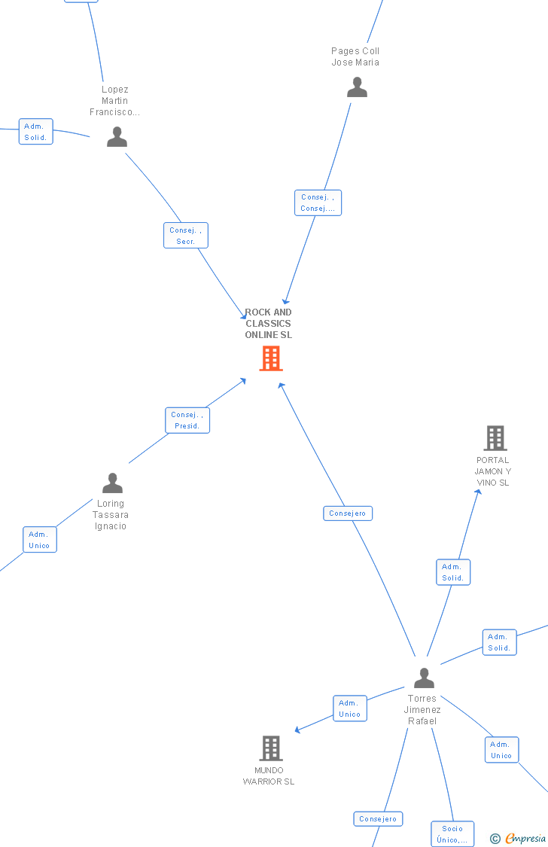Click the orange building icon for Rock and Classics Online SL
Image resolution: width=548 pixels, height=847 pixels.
270,358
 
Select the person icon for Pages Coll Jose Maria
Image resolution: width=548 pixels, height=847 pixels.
357,87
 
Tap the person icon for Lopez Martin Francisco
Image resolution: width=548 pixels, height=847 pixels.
117,136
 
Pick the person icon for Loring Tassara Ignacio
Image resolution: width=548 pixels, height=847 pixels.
112,483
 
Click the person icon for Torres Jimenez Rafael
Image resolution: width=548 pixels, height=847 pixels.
424,678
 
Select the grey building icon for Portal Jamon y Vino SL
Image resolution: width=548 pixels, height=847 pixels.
495,438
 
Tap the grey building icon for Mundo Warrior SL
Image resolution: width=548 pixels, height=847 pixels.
271,748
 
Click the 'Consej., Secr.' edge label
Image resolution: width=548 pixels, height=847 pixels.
186,236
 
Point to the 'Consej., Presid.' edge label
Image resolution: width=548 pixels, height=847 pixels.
187,420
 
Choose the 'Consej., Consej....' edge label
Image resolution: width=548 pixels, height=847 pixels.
318,203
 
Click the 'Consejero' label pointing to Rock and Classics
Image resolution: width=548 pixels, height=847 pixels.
348,513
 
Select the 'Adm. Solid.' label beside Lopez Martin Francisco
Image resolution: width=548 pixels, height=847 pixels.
35,132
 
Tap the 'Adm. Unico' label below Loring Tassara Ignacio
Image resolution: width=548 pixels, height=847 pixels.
39,540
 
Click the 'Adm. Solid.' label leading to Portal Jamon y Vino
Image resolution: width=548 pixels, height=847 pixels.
453,572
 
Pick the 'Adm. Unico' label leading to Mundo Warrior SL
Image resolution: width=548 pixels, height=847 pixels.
350,708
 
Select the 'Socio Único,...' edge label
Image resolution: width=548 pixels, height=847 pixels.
452,834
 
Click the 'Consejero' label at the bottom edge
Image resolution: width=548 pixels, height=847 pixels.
378,819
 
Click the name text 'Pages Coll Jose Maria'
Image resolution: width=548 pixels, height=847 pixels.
355,56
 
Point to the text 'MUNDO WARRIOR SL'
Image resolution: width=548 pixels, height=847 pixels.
269,776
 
